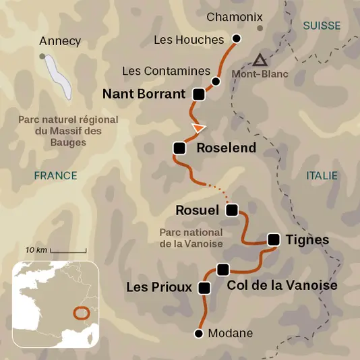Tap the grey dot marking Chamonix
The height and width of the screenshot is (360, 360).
260,28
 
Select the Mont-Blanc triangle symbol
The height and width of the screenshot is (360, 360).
260,59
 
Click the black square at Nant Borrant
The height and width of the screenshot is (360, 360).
198,94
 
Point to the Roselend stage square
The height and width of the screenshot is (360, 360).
179,148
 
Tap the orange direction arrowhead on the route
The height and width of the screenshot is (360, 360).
198,127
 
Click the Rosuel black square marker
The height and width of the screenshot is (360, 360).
232,210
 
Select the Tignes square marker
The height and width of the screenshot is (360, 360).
274,239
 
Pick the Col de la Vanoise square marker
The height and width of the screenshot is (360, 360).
223,270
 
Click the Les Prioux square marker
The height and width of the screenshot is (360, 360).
204,288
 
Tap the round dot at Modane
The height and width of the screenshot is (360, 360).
199,333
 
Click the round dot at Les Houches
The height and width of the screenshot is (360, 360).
236,38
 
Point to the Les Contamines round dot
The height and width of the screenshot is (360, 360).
215,82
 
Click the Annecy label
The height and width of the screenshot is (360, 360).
60,41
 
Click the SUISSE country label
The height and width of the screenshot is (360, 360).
322,26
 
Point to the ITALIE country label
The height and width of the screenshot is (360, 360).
322,175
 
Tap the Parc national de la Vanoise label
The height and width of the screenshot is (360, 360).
191,237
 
